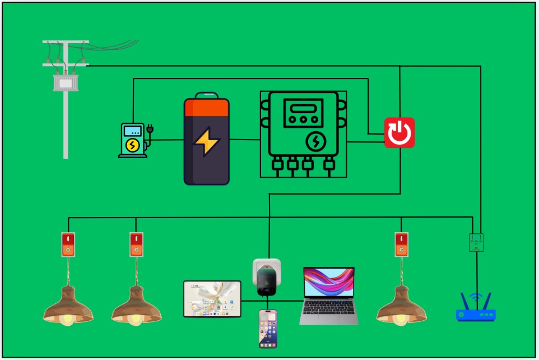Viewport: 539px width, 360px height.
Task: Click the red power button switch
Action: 399,133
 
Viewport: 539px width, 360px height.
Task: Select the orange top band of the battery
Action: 207,107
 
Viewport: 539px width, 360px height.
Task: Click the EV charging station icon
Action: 132,140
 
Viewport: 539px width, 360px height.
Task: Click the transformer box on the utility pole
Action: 66,82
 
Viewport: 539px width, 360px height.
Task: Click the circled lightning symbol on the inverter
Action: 315,141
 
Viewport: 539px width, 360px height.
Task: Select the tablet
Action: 212,299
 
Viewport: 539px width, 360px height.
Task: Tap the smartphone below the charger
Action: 268,328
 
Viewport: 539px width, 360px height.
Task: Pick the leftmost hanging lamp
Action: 68,306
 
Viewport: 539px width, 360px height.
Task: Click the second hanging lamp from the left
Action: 136,306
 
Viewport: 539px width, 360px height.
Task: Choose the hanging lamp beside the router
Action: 401,306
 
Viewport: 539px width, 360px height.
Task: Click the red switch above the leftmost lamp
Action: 68,244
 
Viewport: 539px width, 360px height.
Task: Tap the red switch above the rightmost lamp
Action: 401,244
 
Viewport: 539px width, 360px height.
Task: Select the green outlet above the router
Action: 476,242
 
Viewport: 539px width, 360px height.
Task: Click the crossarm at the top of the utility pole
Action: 66,42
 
